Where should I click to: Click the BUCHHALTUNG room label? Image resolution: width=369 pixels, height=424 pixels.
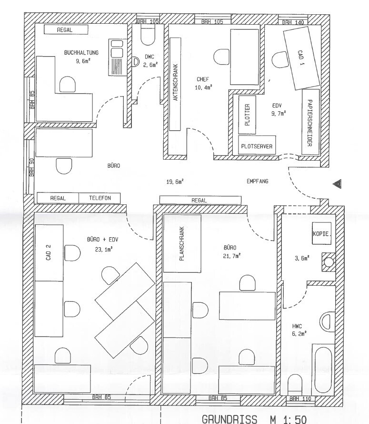point(81,53)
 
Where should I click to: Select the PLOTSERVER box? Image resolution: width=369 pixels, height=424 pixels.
point(257,146)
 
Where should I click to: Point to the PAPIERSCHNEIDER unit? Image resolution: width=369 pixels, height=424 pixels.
point(309,122)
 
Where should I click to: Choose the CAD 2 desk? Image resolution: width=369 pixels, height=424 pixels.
point(49,251)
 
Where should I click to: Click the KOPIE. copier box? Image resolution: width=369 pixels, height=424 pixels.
point(321,234)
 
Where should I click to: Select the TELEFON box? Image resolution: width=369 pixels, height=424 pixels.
point(100,198)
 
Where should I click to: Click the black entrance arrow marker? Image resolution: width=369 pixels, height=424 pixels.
point(337,183)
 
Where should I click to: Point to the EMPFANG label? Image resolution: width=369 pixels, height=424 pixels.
point(258,181)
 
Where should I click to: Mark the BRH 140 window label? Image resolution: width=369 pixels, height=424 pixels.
point(292,22)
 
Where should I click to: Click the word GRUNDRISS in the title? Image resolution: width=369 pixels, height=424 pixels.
point(225,418)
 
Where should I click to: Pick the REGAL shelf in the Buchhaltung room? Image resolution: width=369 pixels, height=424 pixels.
point(66,29)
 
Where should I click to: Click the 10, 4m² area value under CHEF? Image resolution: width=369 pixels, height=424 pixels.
point(203,87)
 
